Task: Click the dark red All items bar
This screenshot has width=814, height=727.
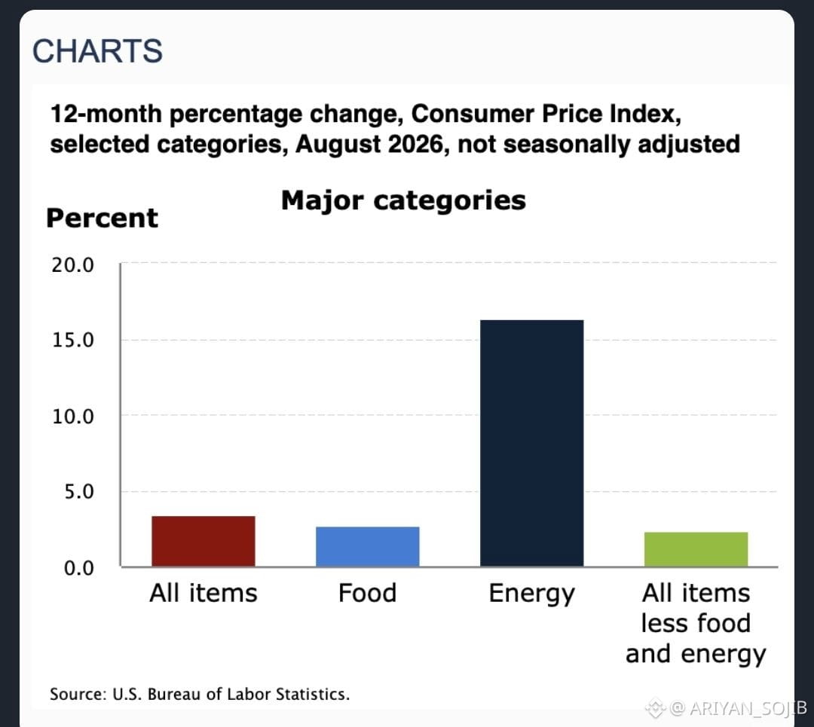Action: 203,541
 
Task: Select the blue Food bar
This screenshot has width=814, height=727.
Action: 368,546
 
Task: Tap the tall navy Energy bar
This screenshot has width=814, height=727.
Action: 531,443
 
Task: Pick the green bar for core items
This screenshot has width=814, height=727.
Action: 696,549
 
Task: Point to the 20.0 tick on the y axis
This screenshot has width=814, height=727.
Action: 72,265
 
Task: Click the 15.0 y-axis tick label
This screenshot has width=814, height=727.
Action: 72,341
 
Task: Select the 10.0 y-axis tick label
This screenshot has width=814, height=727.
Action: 72,416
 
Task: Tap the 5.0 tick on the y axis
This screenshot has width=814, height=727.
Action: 79,491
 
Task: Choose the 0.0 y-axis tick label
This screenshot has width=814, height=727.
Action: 79,568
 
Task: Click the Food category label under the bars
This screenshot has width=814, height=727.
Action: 368,593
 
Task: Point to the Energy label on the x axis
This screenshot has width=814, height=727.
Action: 531,594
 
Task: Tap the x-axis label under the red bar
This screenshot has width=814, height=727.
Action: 203,593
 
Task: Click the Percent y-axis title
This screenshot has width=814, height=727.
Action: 103,218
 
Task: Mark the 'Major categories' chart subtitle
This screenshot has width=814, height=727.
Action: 403,201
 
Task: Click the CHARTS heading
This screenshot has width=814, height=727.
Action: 97,51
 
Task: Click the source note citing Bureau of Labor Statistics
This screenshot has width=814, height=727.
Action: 200,695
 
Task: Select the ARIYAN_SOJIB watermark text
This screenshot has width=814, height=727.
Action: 748,708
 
